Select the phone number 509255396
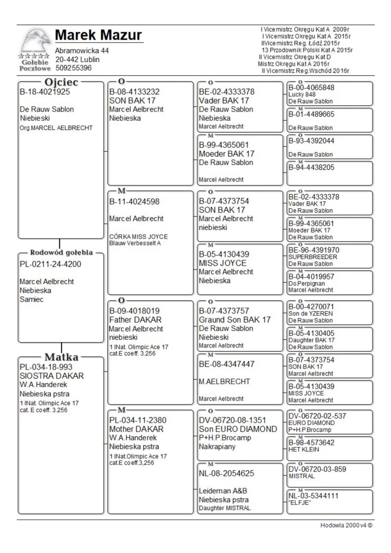point(73,68)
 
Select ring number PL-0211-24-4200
point(50,265)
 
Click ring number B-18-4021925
point(44,91)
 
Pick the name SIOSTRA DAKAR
point(51,376)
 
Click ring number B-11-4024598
point(134,201)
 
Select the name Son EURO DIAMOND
point(238,429)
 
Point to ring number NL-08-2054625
point(226,473)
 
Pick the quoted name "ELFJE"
point(300,503)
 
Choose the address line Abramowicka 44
point(82,51)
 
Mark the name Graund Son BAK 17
point(235,320)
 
